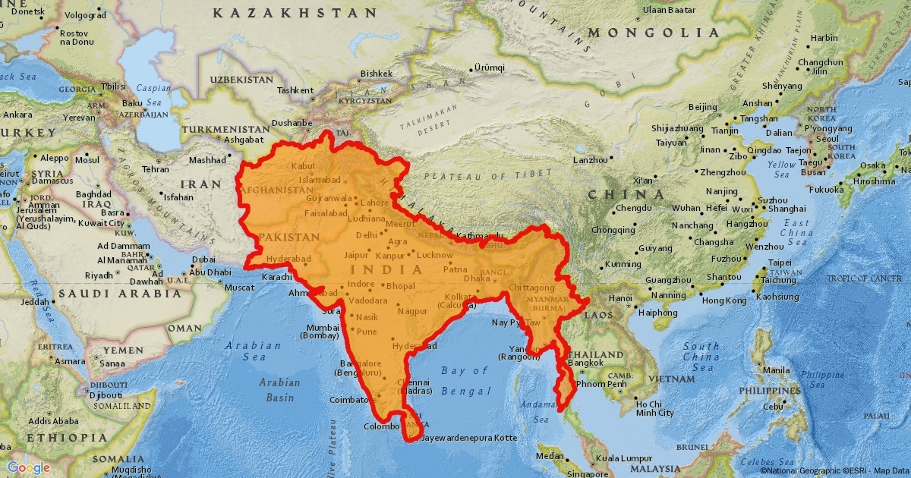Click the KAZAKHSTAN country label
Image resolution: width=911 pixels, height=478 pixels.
coord(295,13)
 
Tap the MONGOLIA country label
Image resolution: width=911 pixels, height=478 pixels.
coord(654,33)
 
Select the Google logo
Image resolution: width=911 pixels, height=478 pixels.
coord(29,467)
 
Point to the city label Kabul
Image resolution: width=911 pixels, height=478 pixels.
coord(302,165)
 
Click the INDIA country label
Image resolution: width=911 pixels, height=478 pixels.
coord(386,269)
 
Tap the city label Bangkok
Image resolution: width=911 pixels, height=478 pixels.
coord(586,363)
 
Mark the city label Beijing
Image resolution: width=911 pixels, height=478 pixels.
coord(702,107)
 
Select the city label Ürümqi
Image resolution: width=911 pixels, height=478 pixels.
coord(489,68)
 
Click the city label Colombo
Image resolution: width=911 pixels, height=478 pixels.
coord(381,426)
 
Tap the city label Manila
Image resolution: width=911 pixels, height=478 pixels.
coord(776,370)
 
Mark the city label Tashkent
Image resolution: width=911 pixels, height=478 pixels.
coord(295,90)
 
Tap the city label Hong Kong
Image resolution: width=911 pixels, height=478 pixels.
coord(704,300)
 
